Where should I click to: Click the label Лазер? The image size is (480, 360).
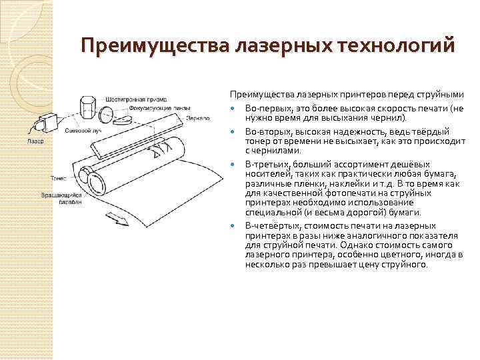[x=36, y=141]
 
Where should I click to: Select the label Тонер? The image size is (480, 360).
[x=59, y=178]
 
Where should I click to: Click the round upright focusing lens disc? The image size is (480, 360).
[x=120, y=118]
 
